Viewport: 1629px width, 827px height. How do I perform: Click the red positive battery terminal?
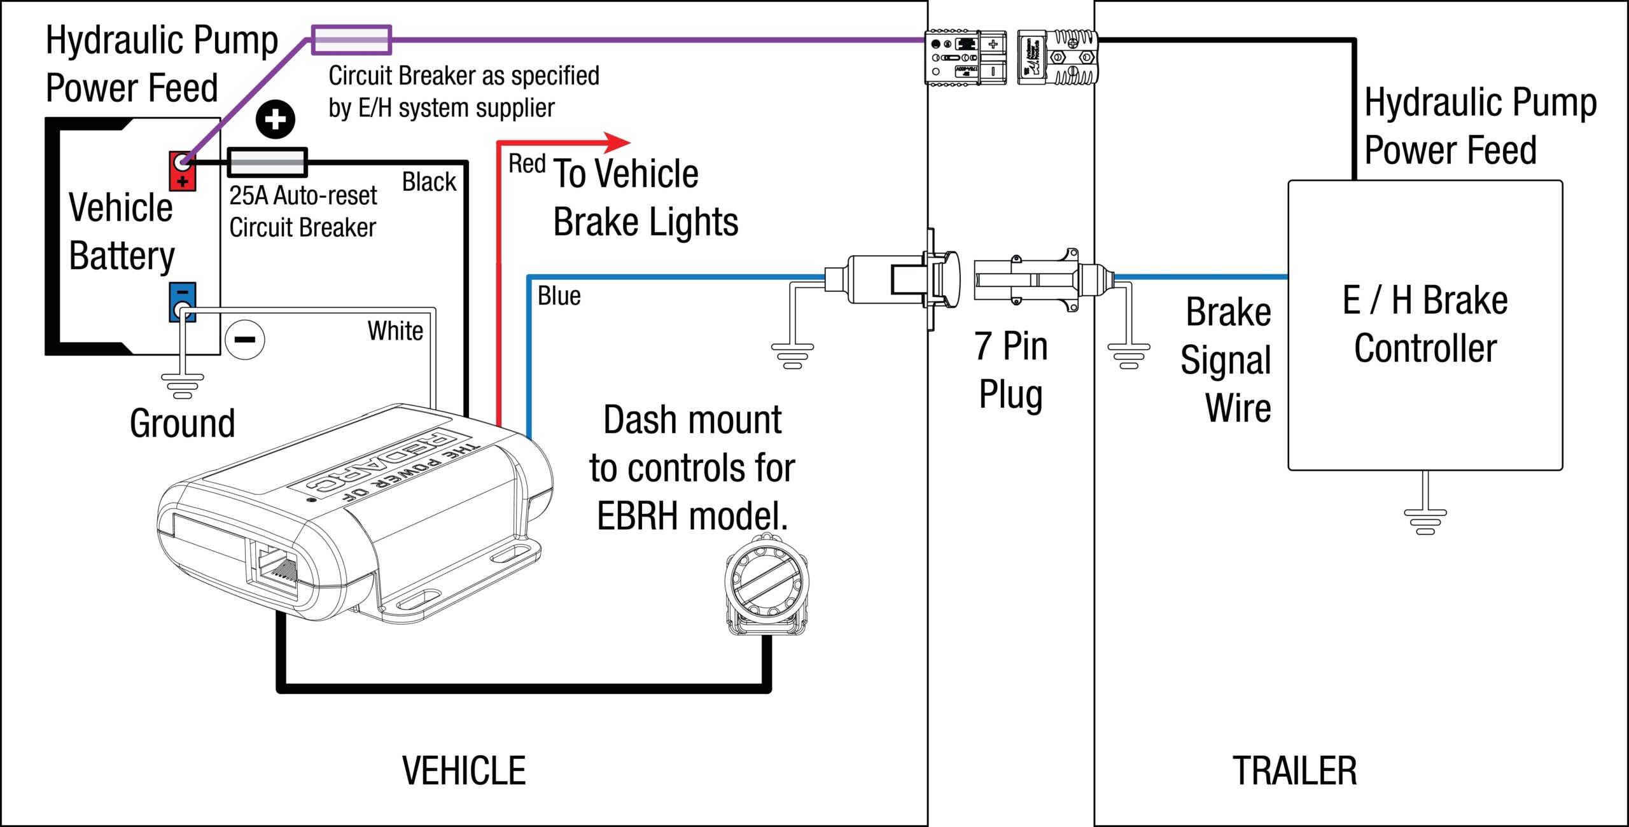(182, 171)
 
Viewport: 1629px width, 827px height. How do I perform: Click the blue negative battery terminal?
(182, 302)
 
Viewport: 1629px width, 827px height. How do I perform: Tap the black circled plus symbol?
(275, 120)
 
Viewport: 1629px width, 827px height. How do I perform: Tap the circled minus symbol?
(245, 340)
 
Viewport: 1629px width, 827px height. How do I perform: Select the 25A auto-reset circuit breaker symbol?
(267, 163)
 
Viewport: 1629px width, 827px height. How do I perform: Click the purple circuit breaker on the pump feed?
(351, 40)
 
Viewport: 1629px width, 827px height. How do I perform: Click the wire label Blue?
(559, 296)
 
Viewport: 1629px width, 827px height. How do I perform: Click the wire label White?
(395, 331)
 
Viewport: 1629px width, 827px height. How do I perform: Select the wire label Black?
(429, 182)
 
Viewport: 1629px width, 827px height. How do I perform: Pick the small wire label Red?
(526, 164)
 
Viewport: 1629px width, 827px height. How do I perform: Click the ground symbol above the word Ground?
(183, 386)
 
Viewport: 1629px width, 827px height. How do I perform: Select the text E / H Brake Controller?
(1425, 324)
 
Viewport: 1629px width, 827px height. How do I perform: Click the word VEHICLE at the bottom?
(464, 771)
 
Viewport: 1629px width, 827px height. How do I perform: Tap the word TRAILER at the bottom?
(1294, 771)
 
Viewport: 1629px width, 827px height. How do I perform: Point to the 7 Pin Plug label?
(1010, 370)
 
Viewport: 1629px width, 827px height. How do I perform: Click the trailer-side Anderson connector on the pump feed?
(1058, 57)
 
